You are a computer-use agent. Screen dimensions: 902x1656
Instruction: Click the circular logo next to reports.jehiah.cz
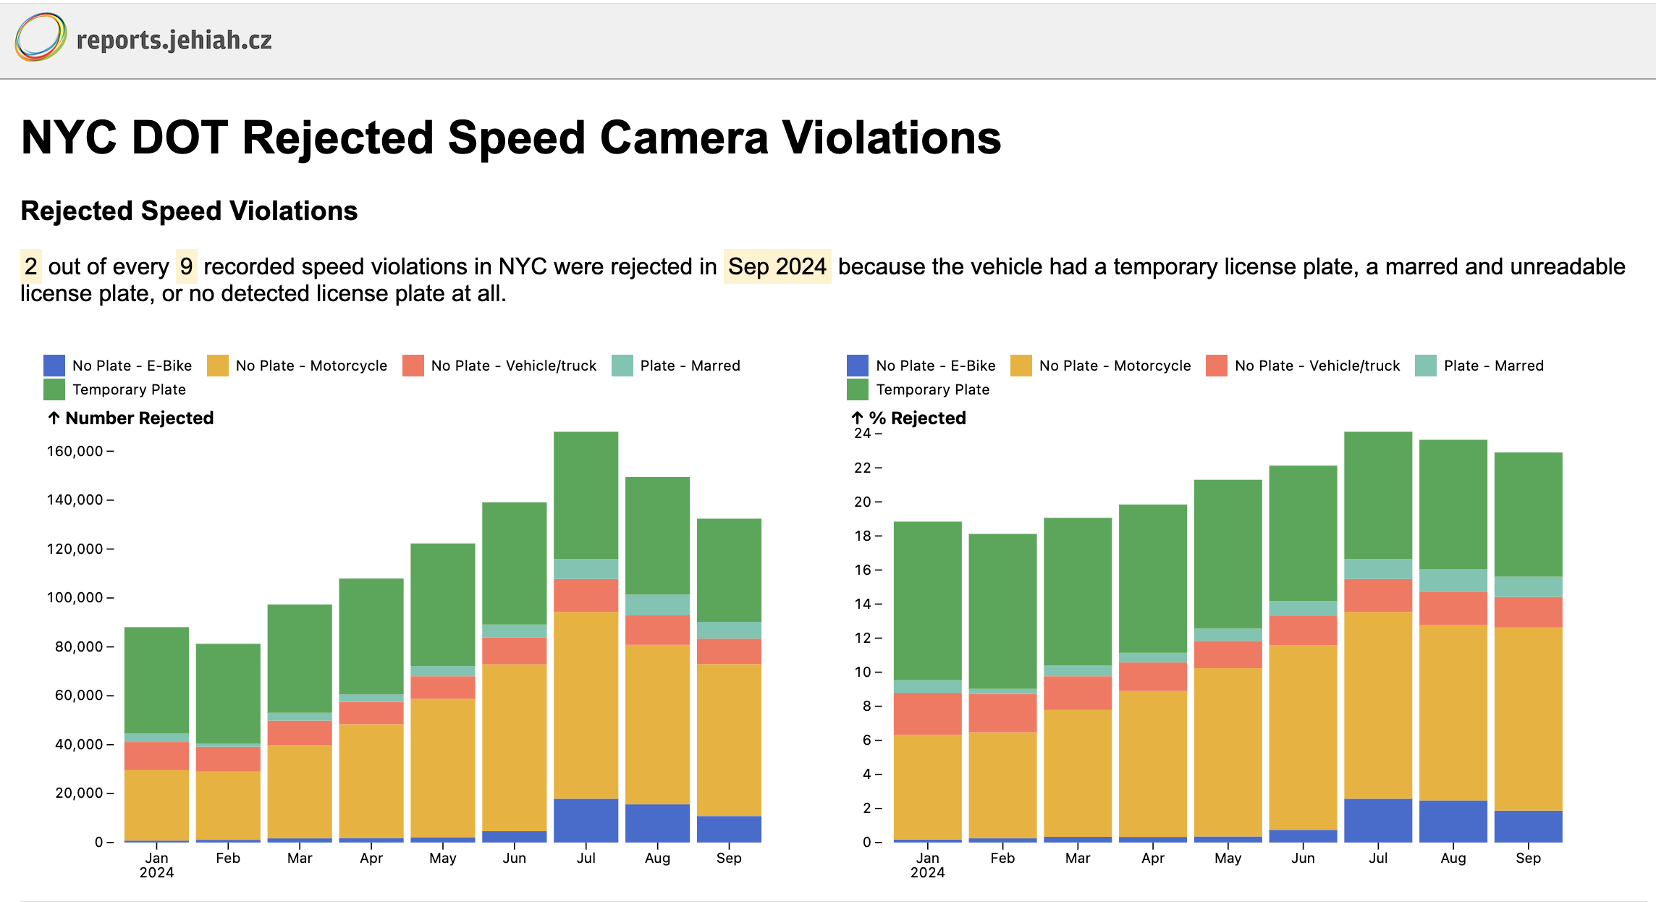point(41,37)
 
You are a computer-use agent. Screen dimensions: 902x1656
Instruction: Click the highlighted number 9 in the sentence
point(187,266)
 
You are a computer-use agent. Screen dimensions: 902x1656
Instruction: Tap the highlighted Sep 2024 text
point(777,266)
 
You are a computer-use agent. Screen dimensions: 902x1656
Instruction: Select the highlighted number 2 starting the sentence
point(30,266)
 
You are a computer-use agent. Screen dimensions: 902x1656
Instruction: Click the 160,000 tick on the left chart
point(75,451)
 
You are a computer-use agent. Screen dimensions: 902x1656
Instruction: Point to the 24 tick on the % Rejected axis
point(863,433)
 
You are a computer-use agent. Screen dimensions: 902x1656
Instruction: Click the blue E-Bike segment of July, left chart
point(586,820)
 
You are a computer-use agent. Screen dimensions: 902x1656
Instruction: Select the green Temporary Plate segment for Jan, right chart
point(927,600)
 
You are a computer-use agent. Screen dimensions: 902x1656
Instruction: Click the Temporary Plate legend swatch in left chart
point(54,389)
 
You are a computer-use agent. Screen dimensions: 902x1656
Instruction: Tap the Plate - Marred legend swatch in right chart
point(1425,366)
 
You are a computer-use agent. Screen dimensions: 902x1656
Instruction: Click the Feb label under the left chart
point(228,858)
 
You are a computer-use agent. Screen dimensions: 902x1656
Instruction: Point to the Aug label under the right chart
point(1453,858)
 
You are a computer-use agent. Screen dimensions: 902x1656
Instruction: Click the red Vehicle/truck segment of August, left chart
point(657,630)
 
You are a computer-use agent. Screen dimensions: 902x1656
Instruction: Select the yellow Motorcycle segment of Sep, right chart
point(1528,718)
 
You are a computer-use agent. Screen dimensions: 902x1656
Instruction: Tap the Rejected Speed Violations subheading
point(189,211)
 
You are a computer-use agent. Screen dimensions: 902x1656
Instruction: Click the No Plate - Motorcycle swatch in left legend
point(218,366)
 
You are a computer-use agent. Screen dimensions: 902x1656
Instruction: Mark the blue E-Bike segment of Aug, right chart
point(1453,821)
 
